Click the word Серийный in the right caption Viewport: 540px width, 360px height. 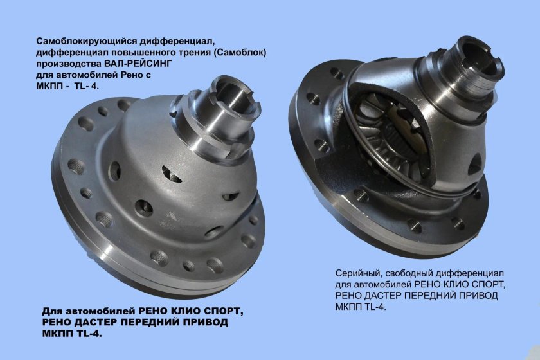click(x=356, y=273)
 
